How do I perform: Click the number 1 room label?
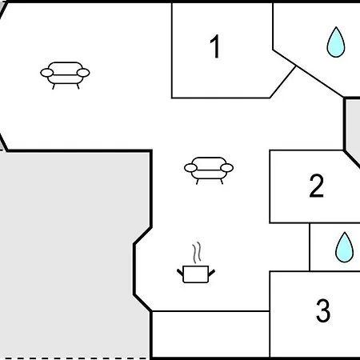(x=215, y=46)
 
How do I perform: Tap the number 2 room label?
(x=317, y=186)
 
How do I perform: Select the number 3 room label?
(x=323, y=310)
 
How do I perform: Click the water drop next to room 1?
(x=336, y=42)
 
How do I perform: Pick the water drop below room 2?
(x=344, y=247)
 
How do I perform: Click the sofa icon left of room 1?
(x=65, y=75)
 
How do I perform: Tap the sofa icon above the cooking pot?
(x=209, y=170)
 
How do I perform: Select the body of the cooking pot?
(x=196, y=274)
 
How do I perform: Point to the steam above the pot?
(x=197, y=252)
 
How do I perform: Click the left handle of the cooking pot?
(x=180, y=273)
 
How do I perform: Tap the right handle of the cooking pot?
(x=211, y=273)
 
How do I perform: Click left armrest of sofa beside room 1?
(x=47, y=73)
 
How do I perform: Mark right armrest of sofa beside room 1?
(x=83, y=73)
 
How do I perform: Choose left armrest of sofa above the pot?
(x=190, y=168)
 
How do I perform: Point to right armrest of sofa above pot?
(x=227, y=168)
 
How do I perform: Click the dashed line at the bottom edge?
(x=74, y=358)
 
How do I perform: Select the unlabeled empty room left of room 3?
(x=210, y=334)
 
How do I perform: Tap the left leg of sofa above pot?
(x=198, y=182)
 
